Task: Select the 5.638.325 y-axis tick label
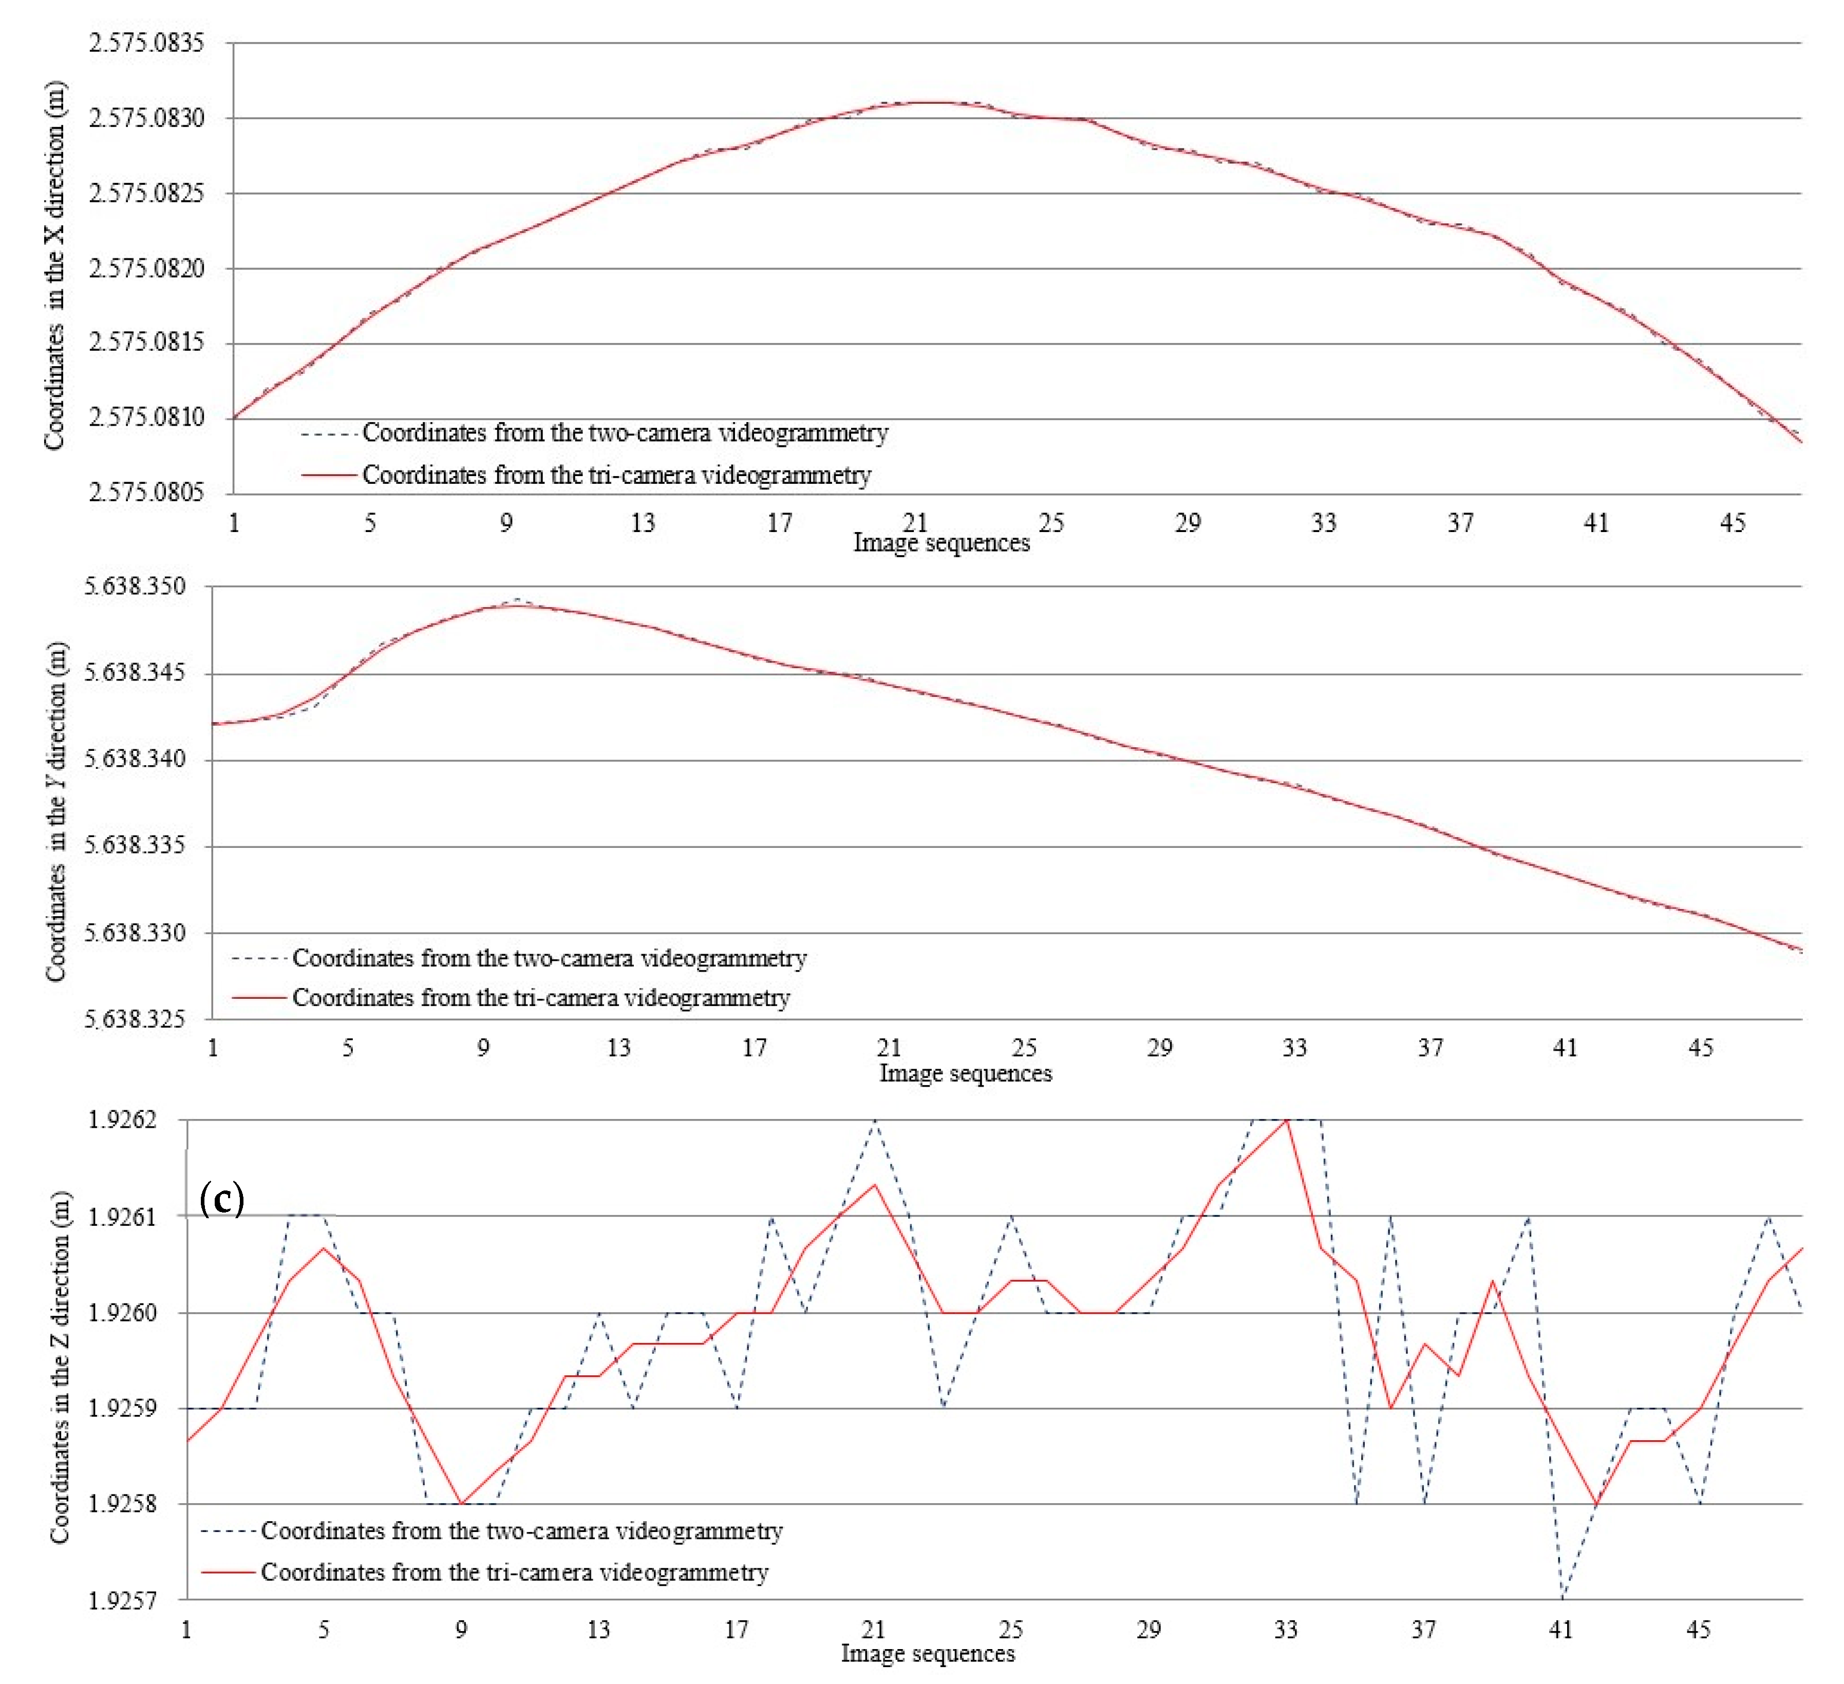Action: click(x=135, y=1019)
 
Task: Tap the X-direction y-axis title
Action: click(x=55, y=266)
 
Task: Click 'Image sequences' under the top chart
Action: click(x=941, y=543)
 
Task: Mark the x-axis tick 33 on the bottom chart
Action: click(x=1286, y=1629)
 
